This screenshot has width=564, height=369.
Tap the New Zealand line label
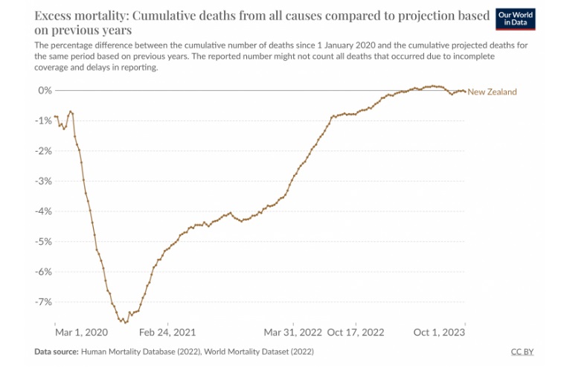[492, 92]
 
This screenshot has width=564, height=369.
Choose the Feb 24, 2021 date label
[168, 333]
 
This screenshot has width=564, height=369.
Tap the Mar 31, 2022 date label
[293, 333]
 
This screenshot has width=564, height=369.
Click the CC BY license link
[522, 351]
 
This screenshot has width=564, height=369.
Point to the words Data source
[56, 351]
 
